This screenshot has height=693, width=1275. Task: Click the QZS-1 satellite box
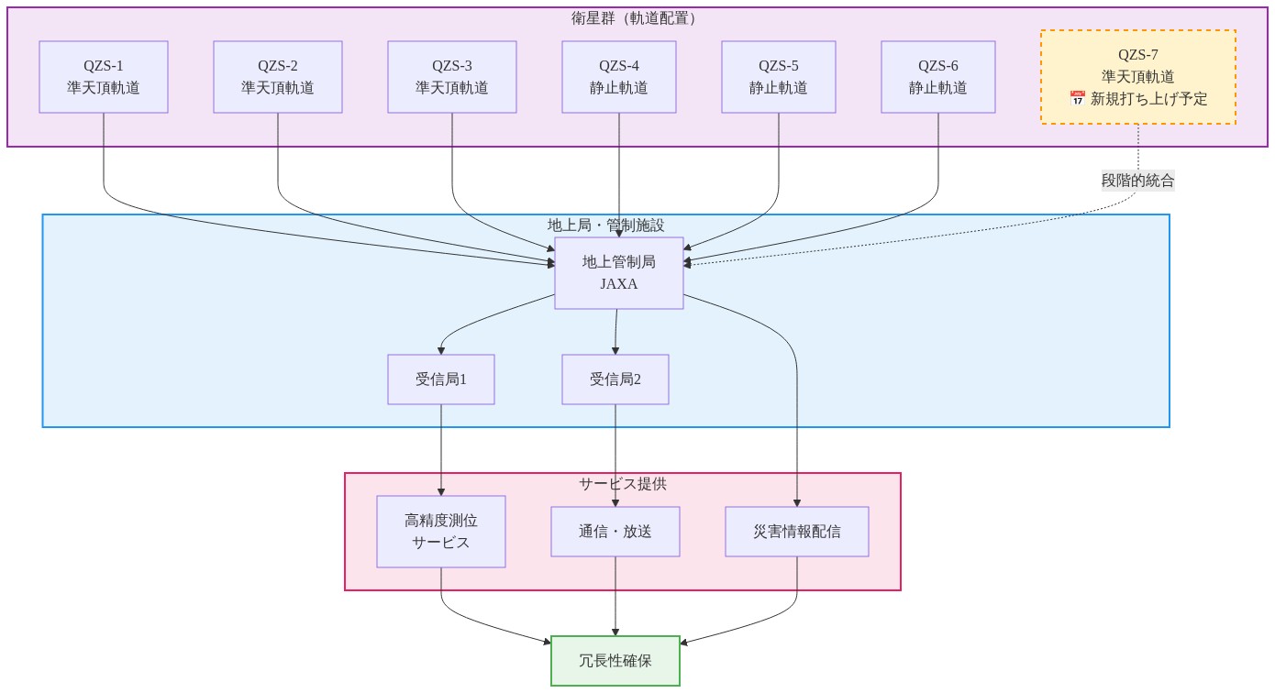coord(104,77)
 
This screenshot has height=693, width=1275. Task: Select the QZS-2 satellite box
coord(278,77)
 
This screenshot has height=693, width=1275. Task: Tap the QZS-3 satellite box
coord(452,77)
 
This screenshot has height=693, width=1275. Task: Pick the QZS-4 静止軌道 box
coord(619,77)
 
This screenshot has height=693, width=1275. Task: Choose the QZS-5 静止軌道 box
coord(779,77)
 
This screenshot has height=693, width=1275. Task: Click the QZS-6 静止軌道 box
coord(938,77)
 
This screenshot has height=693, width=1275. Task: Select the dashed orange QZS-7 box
coord(1138,77)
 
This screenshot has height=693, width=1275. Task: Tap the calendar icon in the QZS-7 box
coord(1077,98)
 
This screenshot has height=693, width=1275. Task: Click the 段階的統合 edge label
coord(1137,181)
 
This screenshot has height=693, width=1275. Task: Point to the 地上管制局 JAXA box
coord(619,273)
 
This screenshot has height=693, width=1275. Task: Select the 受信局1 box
coord(441,379)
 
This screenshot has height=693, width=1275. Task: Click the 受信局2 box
coord(615,379)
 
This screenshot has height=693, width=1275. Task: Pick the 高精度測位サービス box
coord(441,532)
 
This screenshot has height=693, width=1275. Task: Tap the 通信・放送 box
coord(615,532)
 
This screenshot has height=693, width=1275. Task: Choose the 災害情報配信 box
coord(797,532)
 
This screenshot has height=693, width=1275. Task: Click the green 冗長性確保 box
coord(615,661)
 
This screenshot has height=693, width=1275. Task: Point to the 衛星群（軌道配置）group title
coord(634,18)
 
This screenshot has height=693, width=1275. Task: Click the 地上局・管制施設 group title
coord(605,225)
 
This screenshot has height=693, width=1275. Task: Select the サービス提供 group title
coord(623,484)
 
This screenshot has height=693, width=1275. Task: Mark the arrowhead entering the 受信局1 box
coord(441,351)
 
